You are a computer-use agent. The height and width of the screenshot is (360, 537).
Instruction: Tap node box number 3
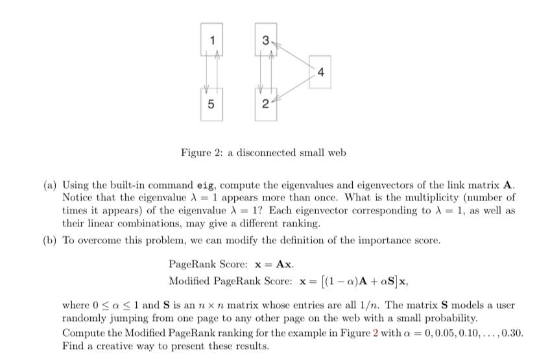266,40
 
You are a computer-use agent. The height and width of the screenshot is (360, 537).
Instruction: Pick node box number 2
266,104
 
